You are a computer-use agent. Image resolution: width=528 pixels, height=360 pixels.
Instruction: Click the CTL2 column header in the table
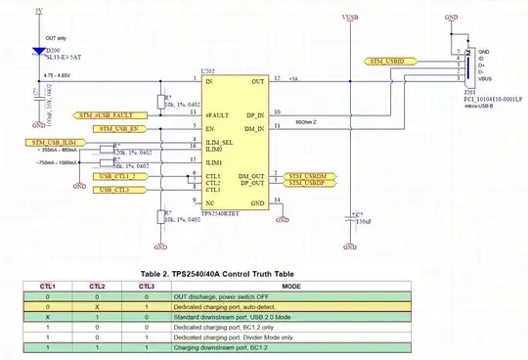click(98, 286)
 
